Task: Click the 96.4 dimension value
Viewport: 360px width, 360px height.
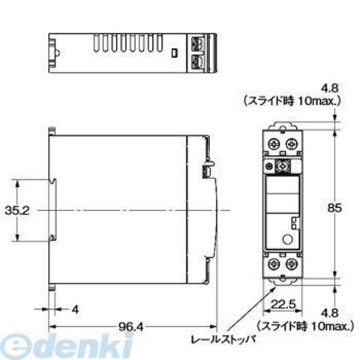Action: click(x=130, y=326)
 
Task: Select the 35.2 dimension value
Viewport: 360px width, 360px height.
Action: click(x=17, y=211)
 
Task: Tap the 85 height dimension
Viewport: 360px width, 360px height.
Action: click(x=334, y=208)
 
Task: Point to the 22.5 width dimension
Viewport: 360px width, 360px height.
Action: click(x=283, y=304)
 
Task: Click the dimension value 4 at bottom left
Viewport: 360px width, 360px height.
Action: click(x=75, y=310)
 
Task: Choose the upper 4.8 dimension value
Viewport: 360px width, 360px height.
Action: click(x=330, y=88)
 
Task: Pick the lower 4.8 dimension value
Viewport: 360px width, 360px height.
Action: click(x=330, y=313)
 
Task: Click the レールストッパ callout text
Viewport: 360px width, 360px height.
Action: click(x=223, y=340)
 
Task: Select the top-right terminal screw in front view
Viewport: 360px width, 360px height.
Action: click(x=291, y=144)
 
